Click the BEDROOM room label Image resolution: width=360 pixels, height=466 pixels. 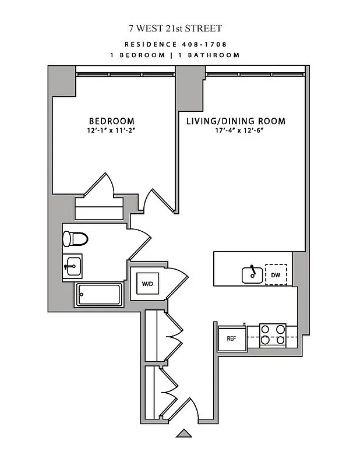coord(111,121)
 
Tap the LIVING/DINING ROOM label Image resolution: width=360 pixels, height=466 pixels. coord(235,121)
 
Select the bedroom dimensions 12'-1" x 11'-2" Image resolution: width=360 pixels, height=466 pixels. coord(111,131)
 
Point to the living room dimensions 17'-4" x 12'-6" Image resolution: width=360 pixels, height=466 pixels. coord(235,131)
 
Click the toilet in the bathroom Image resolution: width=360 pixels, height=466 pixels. coord(75,239)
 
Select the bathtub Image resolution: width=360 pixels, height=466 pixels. coord(98,294)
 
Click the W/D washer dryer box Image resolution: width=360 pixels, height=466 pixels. coord(146,284)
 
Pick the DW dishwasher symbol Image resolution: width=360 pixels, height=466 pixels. coord(276,274)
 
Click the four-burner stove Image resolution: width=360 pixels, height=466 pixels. coord(272,334)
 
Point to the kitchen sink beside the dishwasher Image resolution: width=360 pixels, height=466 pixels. coord(252,274)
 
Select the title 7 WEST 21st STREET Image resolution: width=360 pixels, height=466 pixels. coord(175,28)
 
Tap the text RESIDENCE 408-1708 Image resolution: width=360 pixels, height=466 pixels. coord(175,44)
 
